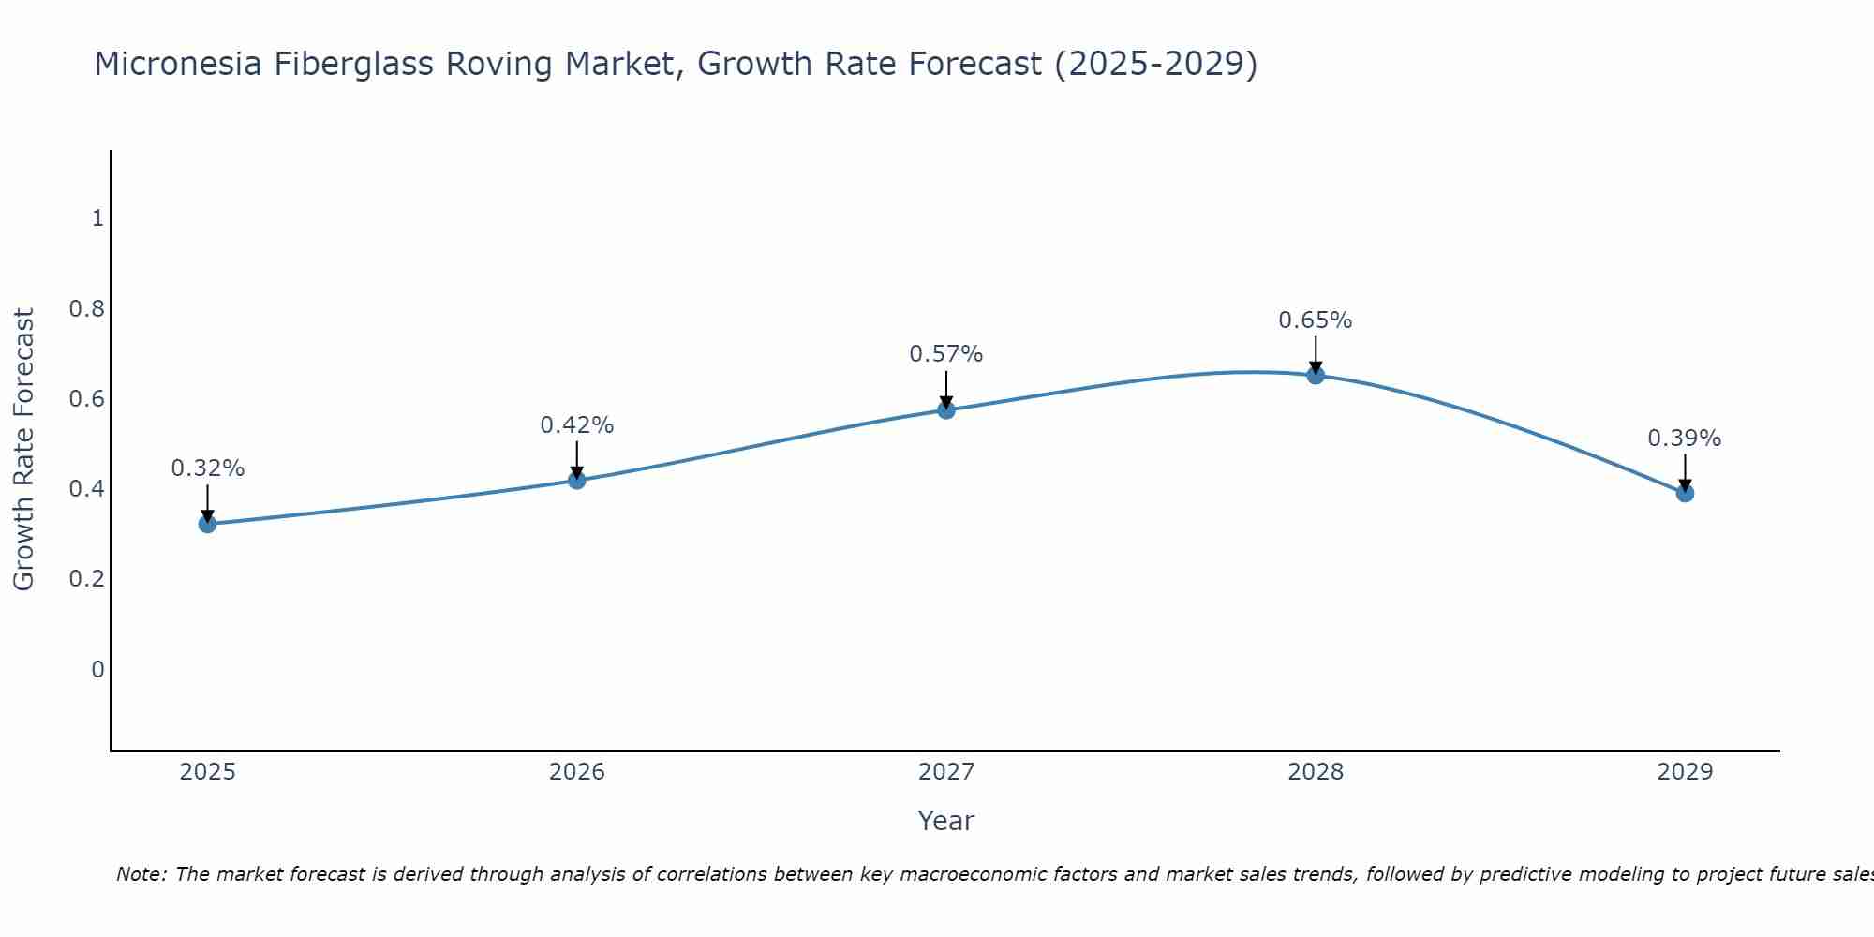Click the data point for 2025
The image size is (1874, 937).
(207, 524)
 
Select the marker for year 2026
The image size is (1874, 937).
(577, 480)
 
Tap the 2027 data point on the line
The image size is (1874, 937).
(946, 409)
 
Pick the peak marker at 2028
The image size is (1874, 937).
(1316, 375)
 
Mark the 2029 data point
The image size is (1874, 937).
(1685, 493)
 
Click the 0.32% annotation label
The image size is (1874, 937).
(207, 468)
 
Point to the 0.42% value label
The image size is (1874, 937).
(577, 425)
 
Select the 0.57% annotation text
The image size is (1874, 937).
(946, 354)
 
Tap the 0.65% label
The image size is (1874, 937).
(1316, 320)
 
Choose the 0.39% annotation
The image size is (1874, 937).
(1685, 439)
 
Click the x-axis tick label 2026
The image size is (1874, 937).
(577, 772)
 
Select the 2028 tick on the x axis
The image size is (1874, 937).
(1316, 772)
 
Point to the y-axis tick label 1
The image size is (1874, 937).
(97, 218)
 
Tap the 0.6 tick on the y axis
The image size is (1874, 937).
(86, 399)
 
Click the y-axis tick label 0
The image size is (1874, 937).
(97, 669)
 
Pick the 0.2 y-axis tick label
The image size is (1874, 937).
(86, 579)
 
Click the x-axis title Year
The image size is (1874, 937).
(946, 821)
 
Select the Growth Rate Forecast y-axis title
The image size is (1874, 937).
(24, 450)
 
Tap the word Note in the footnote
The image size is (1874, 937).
(141, 874)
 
